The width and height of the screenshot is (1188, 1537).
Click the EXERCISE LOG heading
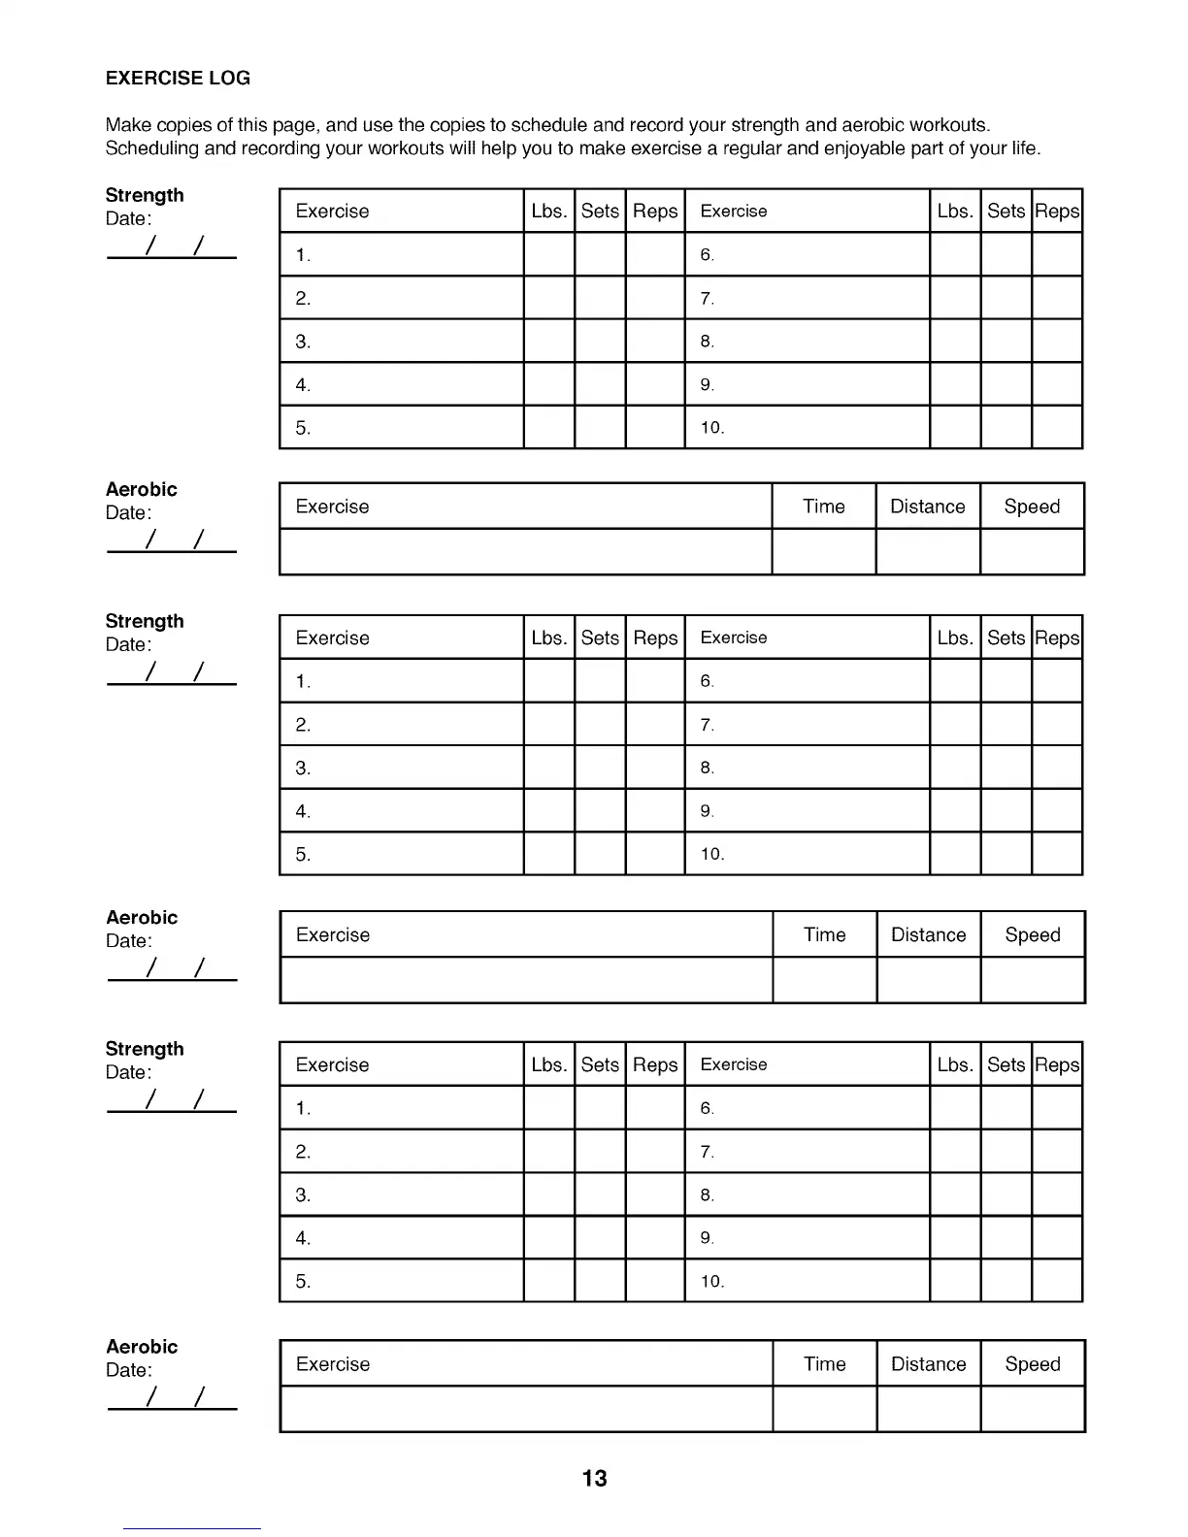[178, 79]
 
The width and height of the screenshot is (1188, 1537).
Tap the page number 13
[594, 1478]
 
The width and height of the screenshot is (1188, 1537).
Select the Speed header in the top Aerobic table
[1032, 507]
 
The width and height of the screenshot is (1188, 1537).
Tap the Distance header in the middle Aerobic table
[928, 934]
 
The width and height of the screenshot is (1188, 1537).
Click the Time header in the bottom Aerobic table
[824, 1363]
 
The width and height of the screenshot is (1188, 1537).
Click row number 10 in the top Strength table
[712, 428]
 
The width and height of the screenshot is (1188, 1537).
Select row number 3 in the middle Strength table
[303, 768]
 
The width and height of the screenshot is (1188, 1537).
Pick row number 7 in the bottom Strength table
[707, 1152]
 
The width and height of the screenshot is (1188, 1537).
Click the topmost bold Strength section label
[145, 195]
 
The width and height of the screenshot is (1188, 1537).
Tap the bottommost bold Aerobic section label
[142, 1346]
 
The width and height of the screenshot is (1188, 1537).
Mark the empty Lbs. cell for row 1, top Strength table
[549, 254]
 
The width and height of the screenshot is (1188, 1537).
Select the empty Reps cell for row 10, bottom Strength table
[1057, 1281]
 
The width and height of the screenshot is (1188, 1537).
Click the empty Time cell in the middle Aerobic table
[824, 980]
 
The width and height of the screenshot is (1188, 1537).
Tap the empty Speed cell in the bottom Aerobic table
[1032, 1409]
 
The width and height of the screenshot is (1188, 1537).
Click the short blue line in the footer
[191, 1528]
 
